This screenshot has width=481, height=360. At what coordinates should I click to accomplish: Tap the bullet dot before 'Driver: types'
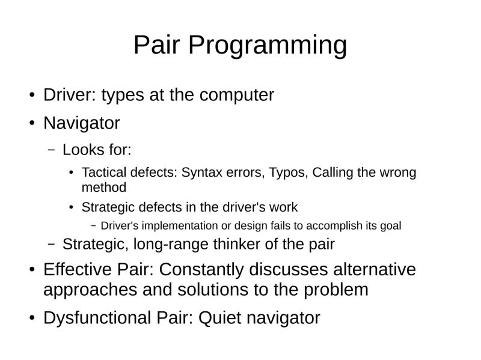click(32, 96)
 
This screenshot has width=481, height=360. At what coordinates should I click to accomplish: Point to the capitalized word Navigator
click(81, 123)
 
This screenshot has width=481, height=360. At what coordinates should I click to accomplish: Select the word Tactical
click(103, 173)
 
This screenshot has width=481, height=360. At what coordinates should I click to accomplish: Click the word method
click(103, 187)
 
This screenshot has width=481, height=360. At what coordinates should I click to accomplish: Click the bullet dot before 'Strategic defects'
click(70, 208)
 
